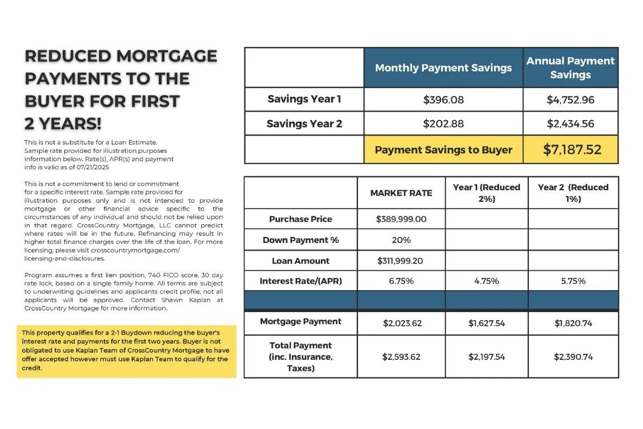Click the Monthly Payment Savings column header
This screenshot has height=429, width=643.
443,68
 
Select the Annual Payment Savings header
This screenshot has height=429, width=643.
570,68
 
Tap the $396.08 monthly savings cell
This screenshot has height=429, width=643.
443,100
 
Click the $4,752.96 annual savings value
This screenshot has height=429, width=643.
570,100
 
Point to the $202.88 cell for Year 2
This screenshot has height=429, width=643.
443,124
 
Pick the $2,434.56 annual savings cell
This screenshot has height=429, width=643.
570,124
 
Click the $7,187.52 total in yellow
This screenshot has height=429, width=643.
572,150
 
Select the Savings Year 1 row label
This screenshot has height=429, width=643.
304,99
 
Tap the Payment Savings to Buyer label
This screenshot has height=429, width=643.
443,150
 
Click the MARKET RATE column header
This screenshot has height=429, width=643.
401,193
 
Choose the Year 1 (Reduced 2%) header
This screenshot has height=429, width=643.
487,193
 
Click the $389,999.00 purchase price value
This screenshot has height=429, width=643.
401,219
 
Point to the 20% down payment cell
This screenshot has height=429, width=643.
401,240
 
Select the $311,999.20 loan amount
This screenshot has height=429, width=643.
401,261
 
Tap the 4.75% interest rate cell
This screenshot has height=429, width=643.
487,281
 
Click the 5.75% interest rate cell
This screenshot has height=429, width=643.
573,281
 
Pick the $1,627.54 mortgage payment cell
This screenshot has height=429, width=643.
487,323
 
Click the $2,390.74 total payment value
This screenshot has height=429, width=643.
573,357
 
